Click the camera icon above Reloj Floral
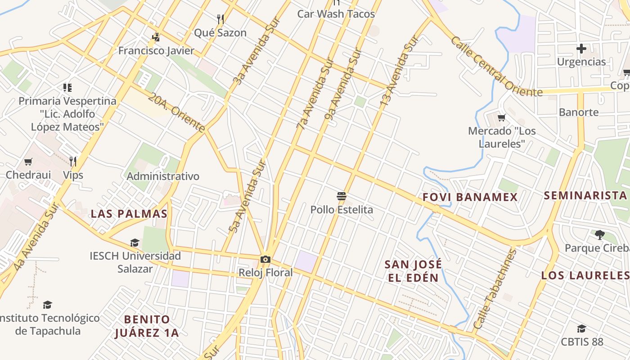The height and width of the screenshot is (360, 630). (x=265, y=259)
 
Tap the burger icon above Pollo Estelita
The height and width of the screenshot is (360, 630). (x=342, y=196)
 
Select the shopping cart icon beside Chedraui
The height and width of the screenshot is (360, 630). (x=28, y=162)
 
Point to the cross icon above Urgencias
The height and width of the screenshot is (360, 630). (x=581, y=48)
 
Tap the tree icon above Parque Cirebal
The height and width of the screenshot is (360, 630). (x=599, y=234)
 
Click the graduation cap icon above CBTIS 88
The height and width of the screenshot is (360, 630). (x=581, y=328)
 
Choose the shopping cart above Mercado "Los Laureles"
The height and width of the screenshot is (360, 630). (x=502, y=118)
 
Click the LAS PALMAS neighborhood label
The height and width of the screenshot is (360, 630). (x=129, y=214)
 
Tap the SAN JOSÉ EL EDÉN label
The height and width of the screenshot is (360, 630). (x=413, y=271)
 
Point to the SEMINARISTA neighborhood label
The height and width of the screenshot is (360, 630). (x=585, y=195)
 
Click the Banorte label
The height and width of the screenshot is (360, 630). (x=579, y=112)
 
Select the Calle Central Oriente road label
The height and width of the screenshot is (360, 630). (x=496, y=67)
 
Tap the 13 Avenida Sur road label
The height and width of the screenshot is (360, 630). (x=399, y=72)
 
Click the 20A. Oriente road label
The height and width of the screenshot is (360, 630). (x=176, y=112)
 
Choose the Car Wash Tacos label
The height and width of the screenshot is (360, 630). (x=336, y=14)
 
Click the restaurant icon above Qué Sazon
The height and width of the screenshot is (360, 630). (x=220, y=19)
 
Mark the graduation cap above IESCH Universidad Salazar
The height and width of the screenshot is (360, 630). (x=135, y=243)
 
